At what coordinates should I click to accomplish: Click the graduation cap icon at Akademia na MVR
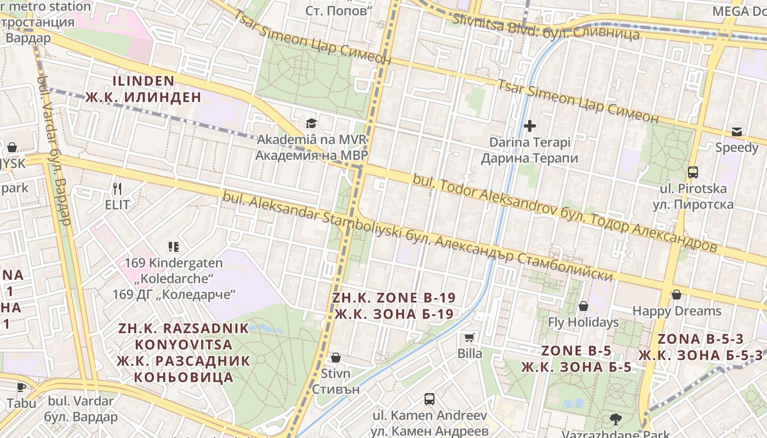point(311,123)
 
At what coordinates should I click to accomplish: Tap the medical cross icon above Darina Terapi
point(529,126)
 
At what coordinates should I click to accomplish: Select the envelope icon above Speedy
point(737,131)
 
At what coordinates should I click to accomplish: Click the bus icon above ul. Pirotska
point(693,172)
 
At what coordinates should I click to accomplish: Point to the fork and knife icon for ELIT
point(117,189)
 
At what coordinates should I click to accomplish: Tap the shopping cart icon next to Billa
point(470,337)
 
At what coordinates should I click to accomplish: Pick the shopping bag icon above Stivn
point(336,358)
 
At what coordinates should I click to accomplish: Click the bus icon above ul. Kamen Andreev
point(430,399)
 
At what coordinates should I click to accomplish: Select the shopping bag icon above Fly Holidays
point(583,306)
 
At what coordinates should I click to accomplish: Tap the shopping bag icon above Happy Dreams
point(677,295)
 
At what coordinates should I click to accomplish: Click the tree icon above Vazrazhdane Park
point(616,419)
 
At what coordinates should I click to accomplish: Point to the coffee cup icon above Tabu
point(21,387)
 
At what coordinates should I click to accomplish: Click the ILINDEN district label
point(144,81)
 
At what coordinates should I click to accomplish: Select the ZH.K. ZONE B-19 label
point(394,298)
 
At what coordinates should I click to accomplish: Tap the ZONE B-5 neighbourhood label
point(576,350)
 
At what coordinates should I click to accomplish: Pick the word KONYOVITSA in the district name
point(184,345)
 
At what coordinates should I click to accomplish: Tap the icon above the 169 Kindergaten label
point(174,246)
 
